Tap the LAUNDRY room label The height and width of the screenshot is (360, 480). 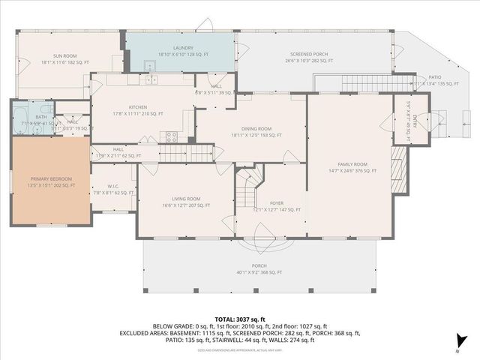184,48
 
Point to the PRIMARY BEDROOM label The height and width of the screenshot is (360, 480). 49,178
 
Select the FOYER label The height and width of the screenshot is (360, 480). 277,202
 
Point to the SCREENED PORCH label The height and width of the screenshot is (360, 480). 310,55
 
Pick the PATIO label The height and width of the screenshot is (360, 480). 435,76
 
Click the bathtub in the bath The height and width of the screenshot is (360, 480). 20,118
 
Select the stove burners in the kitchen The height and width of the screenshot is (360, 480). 172,136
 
